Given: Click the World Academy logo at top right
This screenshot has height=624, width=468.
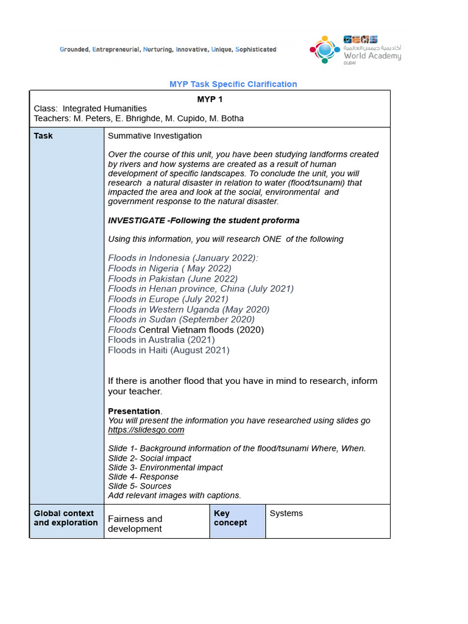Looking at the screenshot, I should pyautogui.click(x=355, y=49).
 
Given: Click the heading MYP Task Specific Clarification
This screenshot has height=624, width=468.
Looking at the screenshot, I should pyautogui.click(x=233, y=84).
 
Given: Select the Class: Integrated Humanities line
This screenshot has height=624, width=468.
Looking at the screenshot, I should pyautogui.click(x=90, y=108).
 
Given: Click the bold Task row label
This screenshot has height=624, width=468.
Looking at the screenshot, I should pyautogui.click(x=43, y=136).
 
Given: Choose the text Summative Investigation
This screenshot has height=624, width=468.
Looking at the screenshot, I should pyautogui.click(x=155, y=136).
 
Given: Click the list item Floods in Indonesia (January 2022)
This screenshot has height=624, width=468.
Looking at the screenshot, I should pyautogui.click(x=183, y=258).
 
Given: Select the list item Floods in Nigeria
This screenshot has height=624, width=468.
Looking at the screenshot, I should pyautogui.click(x=169, y=268).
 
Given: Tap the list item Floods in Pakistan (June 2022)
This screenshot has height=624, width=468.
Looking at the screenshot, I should pyautogui.click(x=172, y=278).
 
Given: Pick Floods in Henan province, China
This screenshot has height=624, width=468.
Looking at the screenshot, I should pyautogui.click(x=200, y=289).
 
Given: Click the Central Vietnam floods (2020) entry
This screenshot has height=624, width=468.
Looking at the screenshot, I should pyautogui.click(x=202, y=330).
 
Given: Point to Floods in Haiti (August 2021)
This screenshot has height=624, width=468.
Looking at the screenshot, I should pyautogui.click(x=169, y=350).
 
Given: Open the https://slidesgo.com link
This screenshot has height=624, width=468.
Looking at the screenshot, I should pyautogui.click(x=146, y=430).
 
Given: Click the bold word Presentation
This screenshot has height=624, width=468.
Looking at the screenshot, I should pyautogui.click(x=134, y=411).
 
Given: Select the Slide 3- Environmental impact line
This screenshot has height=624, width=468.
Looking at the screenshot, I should pyautogui.click(x=165, y=467).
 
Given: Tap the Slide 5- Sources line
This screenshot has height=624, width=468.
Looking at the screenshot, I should pyautogui.click(x=140, y=486).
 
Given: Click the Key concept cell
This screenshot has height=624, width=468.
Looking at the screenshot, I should pyautogui.click(x=230, y=518).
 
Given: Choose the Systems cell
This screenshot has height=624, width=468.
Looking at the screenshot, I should pyautogui.click(x=286, y=513).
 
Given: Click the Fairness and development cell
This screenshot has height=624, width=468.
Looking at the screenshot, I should pyautogui.click(x=135, y=523).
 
